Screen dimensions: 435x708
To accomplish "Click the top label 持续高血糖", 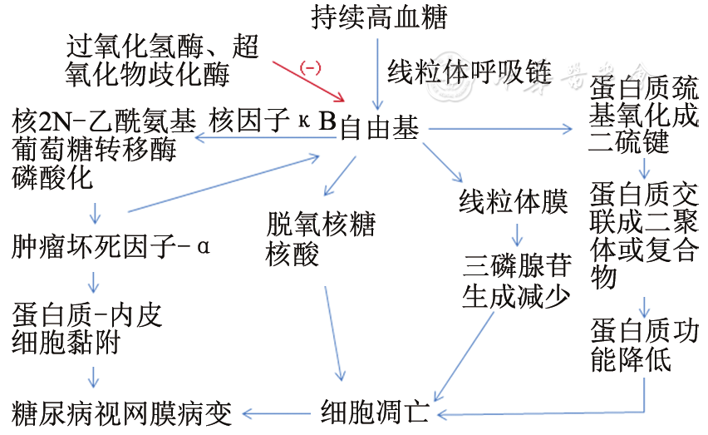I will [x=378, y=17].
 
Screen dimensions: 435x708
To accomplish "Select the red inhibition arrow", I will [x=307, y=80].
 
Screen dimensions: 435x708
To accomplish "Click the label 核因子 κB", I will [x=273, y=122].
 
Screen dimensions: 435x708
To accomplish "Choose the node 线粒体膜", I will [x=514, y=202].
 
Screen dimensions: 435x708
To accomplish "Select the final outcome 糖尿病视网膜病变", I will [x=122, y=412].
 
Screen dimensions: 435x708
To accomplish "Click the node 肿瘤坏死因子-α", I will [x=112, y=247].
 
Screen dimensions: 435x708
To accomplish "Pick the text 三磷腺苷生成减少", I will [x=516, y=282].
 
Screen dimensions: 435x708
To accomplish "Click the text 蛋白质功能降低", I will [x=644, y=344].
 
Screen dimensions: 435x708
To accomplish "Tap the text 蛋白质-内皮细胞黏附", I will [x=87, y=329].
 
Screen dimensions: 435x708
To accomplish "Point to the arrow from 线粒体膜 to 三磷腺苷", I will [x=515, y=232].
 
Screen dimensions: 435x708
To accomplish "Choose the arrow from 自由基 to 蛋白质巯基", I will [x=499, y=129].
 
